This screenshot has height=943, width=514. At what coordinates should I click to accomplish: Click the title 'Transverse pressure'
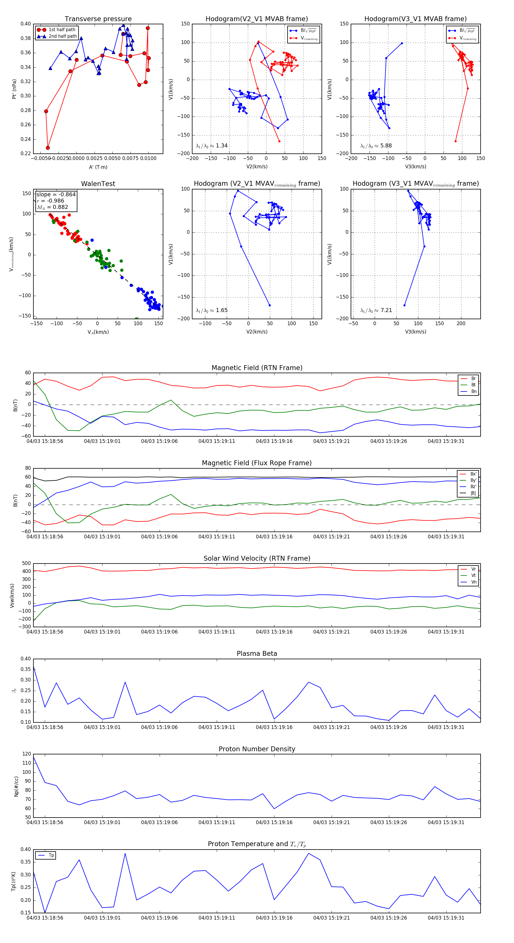point(98,19)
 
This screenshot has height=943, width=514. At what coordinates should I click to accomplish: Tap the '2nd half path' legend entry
point(63,36)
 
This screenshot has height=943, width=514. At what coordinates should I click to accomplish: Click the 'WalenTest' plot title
point(98,184)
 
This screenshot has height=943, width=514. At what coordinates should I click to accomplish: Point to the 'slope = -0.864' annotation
point(56,194)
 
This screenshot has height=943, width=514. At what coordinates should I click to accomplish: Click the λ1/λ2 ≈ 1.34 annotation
point(212,146)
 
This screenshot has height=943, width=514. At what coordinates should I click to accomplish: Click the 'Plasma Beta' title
point(257,654)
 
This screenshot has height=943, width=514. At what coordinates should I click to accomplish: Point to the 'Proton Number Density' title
point(257,749)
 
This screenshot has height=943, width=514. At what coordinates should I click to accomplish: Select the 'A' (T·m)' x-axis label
point(98,167)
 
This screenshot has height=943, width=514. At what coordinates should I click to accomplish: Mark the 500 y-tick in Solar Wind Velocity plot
point(26,564)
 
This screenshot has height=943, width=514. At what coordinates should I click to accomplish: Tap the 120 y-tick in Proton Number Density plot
point(26,754)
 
